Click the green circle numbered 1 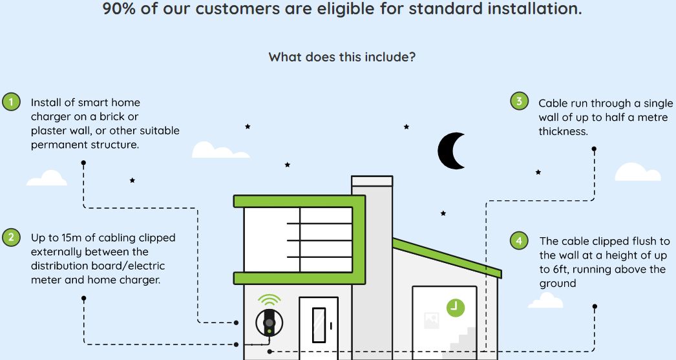tap(11, 102)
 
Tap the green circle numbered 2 tap(11, 237)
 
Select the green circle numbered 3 tap(519, 101)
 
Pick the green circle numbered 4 tap(519, 240)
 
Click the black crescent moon tap(449, 151)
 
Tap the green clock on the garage tap(455, 308)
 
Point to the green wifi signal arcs tap(269, 299)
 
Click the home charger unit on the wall tap(269, 323)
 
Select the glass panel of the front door tap(319, 324)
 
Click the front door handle tap(331, 326)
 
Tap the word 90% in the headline tap(118, 8)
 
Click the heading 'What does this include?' tap(342, 57)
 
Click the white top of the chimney tap(372, 181)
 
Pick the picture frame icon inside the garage tap(432, 319)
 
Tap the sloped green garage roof tap(447, 257)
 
